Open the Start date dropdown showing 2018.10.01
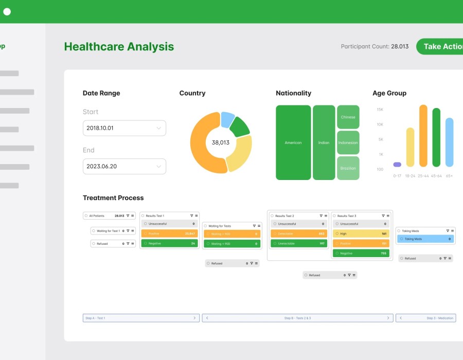click(124, 128)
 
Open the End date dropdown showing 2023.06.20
click(124, 166)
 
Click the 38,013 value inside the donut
click(221, 142)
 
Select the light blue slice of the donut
click(227, 119)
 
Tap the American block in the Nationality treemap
click(293, 142)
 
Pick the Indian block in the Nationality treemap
click(324, 142)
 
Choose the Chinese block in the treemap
click(348, 117)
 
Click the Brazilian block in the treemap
click(348, 168)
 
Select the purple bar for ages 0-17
click(397, 165)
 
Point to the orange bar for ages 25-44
click(423, 136)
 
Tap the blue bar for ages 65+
click(449, 142)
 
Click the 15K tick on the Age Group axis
click(380, 110)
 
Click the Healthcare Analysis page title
click(119, 46)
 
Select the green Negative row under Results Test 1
click(169, 243)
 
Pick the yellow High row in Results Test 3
click(361, 233)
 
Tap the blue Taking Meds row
click(425, 239)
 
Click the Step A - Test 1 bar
click(140, 318)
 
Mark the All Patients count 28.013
click(119, 216)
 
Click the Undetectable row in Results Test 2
click(299, 243)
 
